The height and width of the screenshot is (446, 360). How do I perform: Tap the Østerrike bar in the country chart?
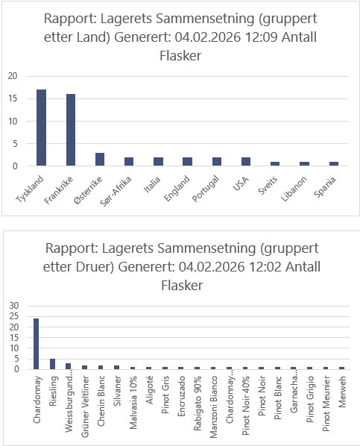coord(100,160)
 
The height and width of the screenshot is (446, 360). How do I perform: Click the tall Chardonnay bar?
coord(36,344)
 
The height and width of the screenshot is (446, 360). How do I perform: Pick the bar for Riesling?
coord(52,364)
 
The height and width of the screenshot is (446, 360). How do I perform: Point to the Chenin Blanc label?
coord(101,401)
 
